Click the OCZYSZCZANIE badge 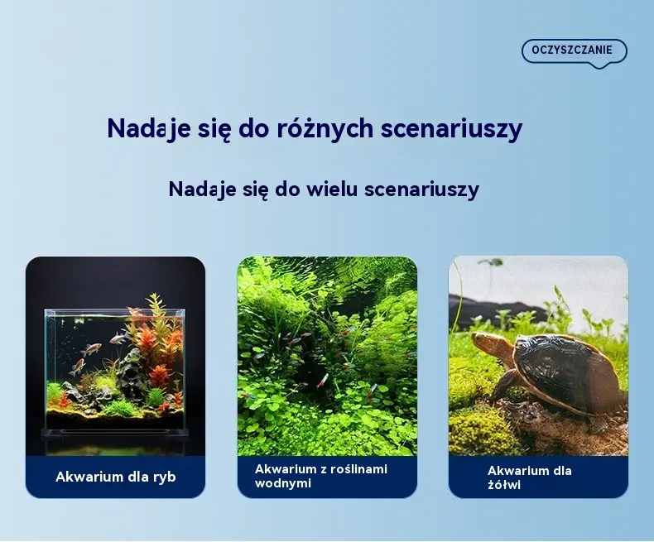click(574, 51)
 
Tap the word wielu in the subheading click(332, 189)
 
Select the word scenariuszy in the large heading click(451, 128)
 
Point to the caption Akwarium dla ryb click(116, 477)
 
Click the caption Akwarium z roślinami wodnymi click(321, 476)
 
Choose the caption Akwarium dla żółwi click(529, 477)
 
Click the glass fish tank click(115, 370)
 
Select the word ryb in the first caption click(165, 477)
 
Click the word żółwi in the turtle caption click(504, 484)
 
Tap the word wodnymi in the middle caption click(283, 483)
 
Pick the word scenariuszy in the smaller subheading click(421, 189)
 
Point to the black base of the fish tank click(115, 433)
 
